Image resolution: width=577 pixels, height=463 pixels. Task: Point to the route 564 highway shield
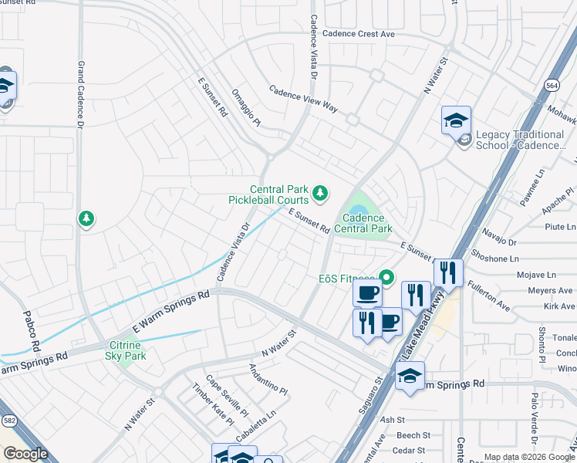tap(552, 86)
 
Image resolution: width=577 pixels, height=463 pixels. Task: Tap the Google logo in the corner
tap(26, 454)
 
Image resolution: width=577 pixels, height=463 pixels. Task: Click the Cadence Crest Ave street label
tap(359, 34)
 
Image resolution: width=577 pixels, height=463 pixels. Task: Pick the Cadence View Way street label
tap(303, 100)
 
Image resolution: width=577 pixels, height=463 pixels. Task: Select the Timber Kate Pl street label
tap(214, 404)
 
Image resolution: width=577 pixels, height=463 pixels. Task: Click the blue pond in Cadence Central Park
tap(357, 210)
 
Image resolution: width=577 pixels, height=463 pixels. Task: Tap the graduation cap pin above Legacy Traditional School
tap(456, 120)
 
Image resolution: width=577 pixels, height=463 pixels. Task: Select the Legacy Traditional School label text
tap(520, 140)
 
